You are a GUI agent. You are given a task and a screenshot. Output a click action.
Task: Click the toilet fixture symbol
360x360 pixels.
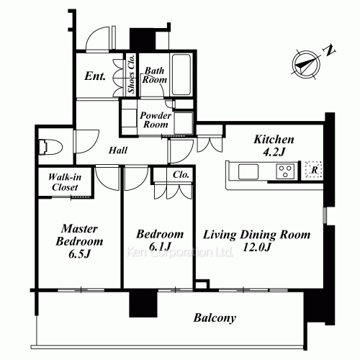pos(50,147)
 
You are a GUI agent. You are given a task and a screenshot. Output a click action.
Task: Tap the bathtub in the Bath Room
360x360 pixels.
pos(181,75)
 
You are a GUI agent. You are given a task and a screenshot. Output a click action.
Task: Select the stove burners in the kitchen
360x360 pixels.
pos(285,171)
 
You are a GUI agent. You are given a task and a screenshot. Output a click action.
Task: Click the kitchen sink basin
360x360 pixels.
pos(248,171)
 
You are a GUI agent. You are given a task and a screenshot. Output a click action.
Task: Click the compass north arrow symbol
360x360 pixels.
pos(306,65)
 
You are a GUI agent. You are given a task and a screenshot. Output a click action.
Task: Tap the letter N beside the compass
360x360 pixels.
pos(329,50)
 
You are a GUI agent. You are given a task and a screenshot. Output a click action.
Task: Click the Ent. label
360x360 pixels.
pos(95,76)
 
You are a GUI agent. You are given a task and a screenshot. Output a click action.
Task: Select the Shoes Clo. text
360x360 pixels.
pos(131,74)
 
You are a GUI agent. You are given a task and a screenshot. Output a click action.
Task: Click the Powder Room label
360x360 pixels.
pos(156,120)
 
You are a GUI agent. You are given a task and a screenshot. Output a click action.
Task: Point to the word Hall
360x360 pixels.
pos(118,150)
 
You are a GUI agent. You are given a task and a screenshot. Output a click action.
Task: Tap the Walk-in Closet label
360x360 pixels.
pos(65,182)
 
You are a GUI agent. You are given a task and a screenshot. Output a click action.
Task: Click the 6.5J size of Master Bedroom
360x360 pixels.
pos(79,254)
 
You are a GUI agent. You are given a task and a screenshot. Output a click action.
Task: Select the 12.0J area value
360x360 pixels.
pos(256,248)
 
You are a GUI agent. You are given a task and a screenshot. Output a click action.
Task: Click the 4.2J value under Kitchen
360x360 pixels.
pos(274,152)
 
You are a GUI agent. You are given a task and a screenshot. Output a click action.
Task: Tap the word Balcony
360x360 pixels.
pos(215,318)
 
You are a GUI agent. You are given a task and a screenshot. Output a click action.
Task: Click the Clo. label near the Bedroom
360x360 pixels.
pos(181,175)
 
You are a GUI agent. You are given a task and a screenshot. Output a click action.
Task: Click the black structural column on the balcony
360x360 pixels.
pos(143,304)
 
